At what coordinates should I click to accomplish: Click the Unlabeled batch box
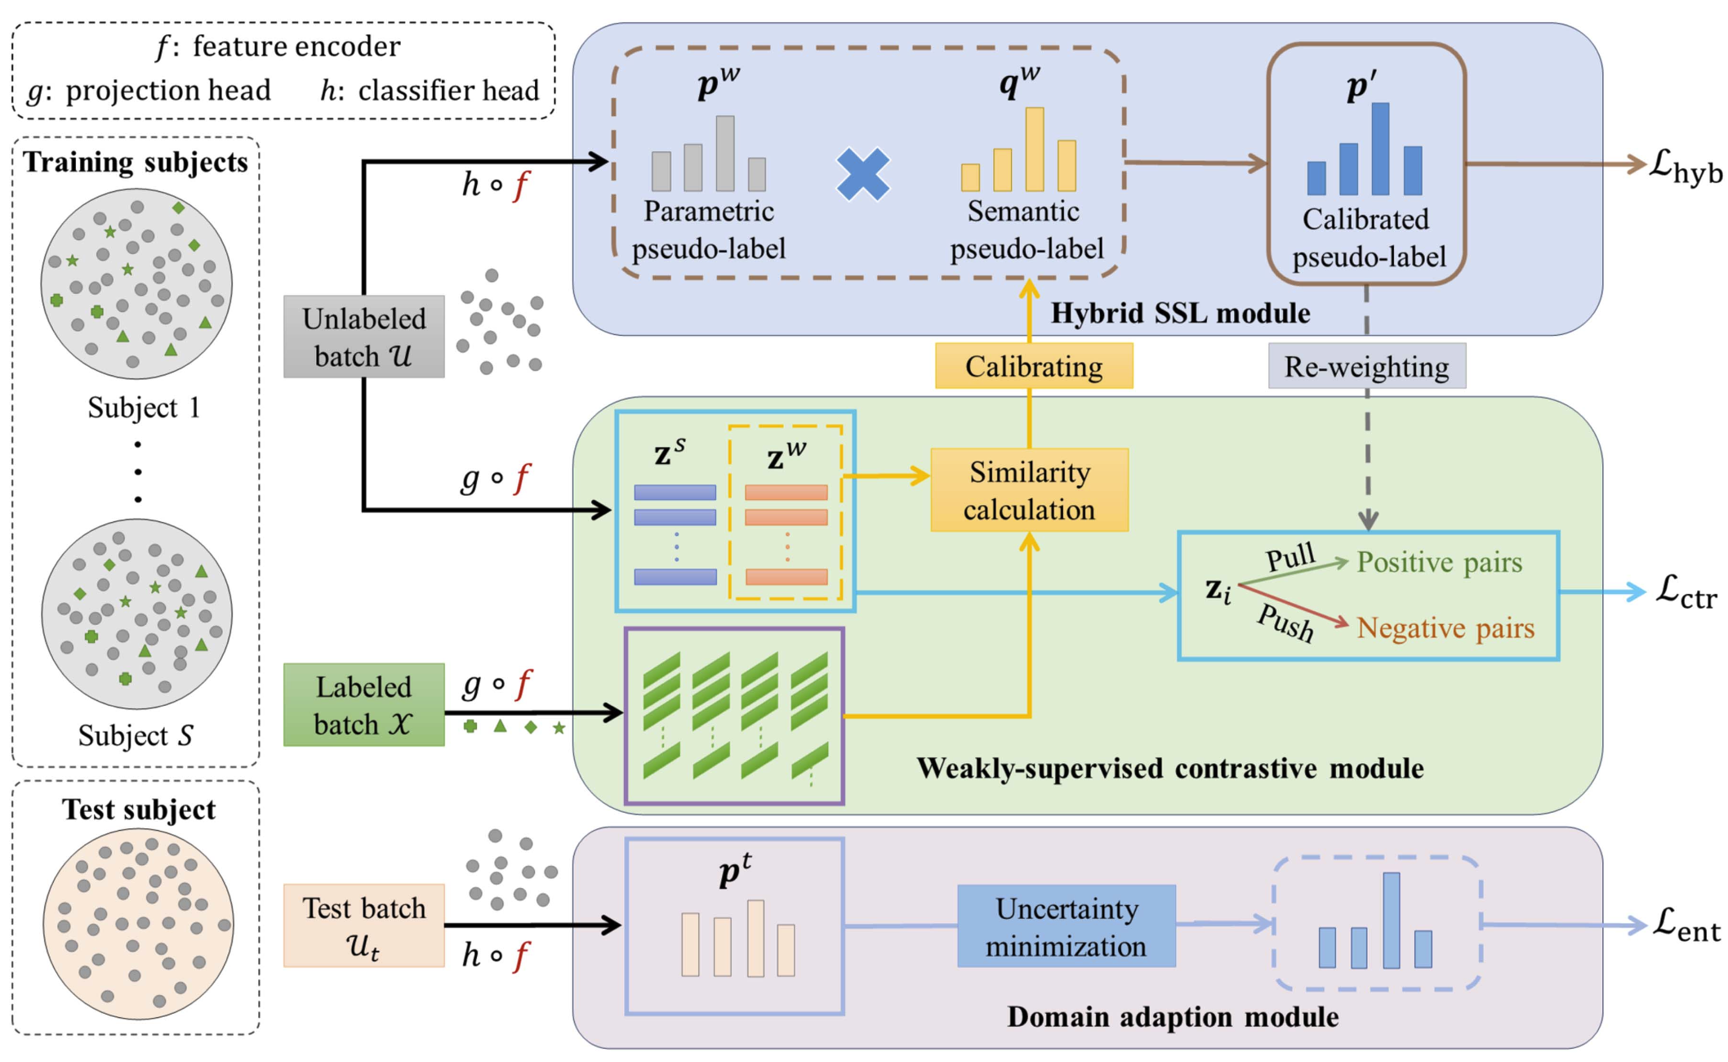click(364, 337)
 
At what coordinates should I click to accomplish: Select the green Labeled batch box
click(364, 705)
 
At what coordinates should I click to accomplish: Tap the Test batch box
click(364, 926)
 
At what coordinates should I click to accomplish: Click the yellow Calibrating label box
click(1034, 366)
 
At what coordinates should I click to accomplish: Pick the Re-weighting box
click(1367, 367)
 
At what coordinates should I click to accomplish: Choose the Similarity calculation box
click(1030, 490)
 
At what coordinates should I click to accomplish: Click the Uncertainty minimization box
click(1067, 926)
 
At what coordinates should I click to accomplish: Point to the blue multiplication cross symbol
click(863, 174)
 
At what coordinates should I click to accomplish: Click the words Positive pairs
click(1440, 562)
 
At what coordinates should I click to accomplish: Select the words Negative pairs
click(1445, 628)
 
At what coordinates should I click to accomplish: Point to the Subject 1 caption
click(144, 408)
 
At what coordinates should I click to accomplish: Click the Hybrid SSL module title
click(1180, 313)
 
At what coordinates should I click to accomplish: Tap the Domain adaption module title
click(1173, 1017)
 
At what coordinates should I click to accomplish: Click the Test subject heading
click(139, 810)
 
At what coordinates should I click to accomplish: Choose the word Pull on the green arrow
click(1291, 557)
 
